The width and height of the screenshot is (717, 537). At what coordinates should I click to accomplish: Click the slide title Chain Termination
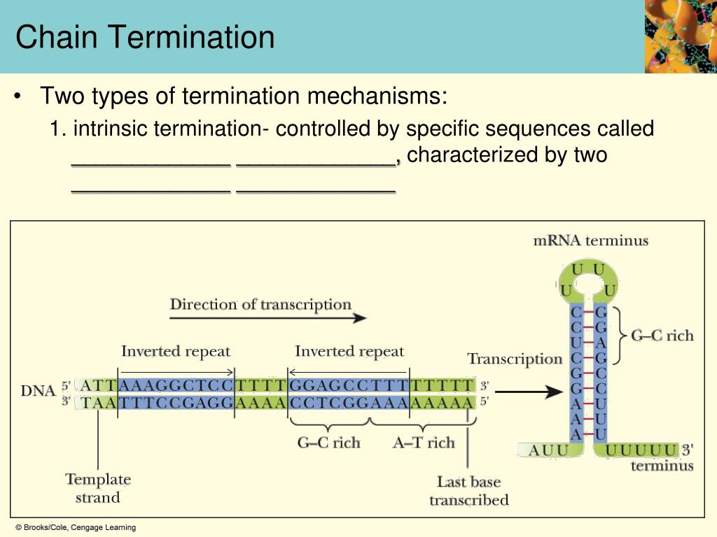tap(145, 37)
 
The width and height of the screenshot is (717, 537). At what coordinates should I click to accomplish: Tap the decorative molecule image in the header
tap(680, 36)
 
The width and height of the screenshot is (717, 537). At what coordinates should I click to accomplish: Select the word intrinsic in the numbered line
tap(112, 129)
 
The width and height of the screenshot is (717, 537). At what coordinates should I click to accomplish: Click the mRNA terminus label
tap(590, 241)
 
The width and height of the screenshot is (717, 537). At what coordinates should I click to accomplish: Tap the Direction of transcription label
tap(260, 305)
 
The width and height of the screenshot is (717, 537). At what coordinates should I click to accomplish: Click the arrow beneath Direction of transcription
tap(268, 318)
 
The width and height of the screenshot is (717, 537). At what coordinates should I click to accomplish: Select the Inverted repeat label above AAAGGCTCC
tap(175, 351)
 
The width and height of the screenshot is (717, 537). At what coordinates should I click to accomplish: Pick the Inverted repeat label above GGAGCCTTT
tap(349, 351)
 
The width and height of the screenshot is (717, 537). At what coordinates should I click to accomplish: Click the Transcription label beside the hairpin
tap(515, 359)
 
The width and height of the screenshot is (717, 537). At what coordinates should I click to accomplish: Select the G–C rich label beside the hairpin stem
tap(662, 336)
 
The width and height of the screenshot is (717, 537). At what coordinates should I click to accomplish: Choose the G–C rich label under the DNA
tap(328, 443)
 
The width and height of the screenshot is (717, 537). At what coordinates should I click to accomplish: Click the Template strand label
tap(98, 488)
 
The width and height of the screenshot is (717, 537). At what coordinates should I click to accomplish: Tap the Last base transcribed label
tap(468, 491)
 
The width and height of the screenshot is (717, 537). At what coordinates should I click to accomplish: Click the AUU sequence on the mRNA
tap(548, 450)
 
